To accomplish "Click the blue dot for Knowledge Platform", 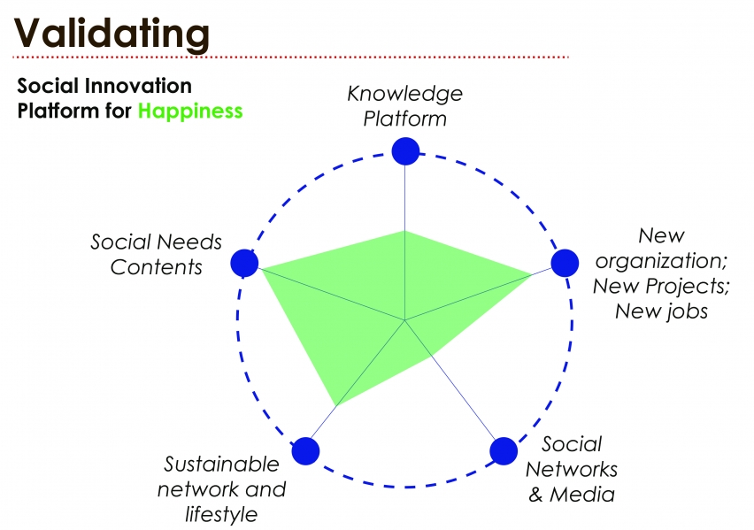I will point(404,151).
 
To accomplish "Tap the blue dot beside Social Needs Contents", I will point(243,263).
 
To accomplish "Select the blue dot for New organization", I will point(564,262).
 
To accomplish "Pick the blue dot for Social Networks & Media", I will point(503,450).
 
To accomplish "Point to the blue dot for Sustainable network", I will point(304,450).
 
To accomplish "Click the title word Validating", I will point(112,34).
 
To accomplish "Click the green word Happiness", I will point(189,111).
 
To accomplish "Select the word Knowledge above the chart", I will point(404,93).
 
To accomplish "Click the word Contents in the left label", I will point(157,266).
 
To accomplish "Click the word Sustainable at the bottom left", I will point(221,465).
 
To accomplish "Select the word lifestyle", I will point(221,513).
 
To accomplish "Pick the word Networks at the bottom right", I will point(571,468).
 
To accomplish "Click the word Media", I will point(582,493).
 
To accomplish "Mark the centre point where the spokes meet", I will point(404,319).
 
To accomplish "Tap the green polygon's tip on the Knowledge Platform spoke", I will point(404,230).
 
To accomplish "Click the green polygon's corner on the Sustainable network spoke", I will point(337,406).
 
